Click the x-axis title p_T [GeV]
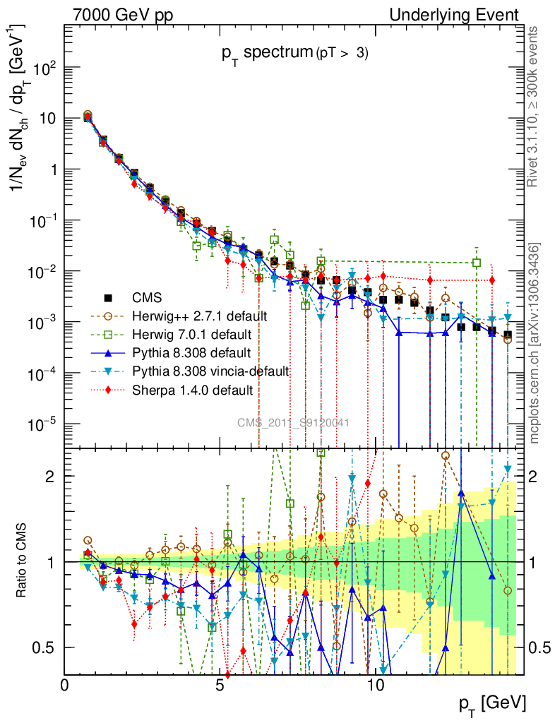[x=493, y=703]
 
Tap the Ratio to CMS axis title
[x=23, y=561]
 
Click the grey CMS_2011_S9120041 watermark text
[x=292, y=422]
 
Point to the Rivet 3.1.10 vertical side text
[x=535, y=107]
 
